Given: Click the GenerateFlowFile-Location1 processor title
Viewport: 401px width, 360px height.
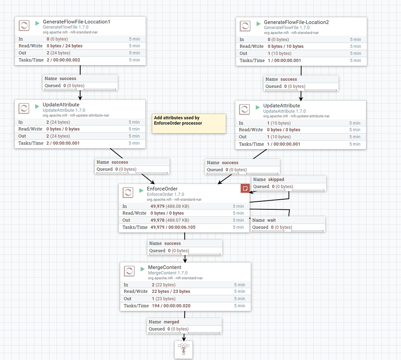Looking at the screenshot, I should pyautogui.click(x=76, y=22).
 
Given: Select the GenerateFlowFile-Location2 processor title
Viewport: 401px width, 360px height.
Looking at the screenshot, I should pyautogui.click(x=296, y=22).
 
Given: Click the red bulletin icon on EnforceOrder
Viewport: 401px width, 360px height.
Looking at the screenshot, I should pyautogui.click(x=245, y=188).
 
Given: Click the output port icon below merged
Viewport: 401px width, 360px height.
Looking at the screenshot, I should pyautogui.click(x=183, y=350).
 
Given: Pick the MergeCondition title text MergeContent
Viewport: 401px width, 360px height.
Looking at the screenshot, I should pyautogui.click(x=165, y=267).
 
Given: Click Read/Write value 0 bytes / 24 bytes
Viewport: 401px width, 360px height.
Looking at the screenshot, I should pyautogui.click(x=67, y=46).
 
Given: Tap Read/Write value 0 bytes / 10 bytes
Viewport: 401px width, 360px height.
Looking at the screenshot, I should pyautogui.click(x=285, y=46).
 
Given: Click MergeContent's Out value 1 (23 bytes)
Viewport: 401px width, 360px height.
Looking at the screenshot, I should pyautogui.click(x=163, y=299).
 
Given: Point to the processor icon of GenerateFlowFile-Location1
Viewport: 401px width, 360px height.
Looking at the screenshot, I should pyautogui.click(x=24, y=26).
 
